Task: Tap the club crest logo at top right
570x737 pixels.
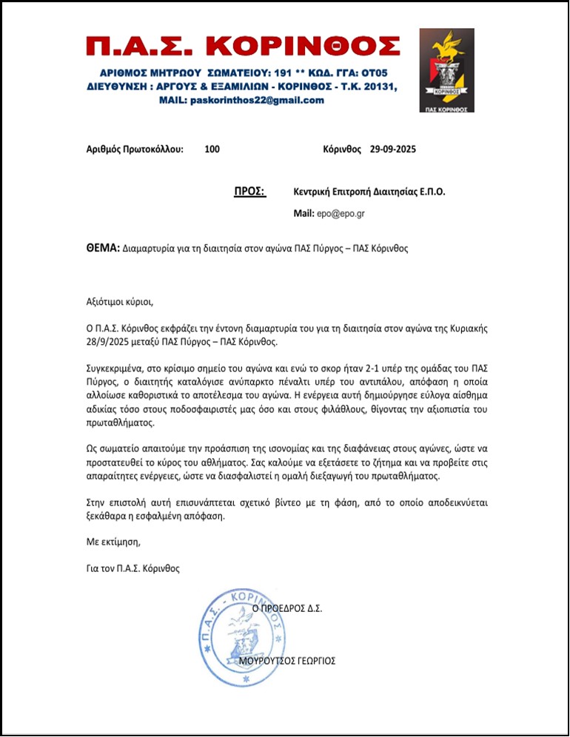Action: [446, 70]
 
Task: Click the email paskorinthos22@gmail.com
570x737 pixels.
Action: [257, 100]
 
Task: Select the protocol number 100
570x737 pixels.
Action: [212, 149]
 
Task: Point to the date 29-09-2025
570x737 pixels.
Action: [393, 149]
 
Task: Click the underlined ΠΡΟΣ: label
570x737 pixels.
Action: [249, 191]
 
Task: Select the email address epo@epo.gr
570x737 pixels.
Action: [341, 213]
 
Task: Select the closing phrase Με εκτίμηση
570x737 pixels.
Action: [113, 542]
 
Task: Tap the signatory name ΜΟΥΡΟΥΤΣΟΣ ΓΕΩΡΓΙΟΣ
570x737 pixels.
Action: [289, 660]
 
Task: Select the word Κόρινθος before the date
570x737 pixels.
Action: [343, 149]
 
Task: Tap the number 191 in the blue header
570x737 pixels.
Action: [287, 73]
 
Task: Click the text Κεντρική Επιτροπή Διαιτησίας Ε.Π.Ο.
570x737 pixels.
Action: [369, 191]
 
